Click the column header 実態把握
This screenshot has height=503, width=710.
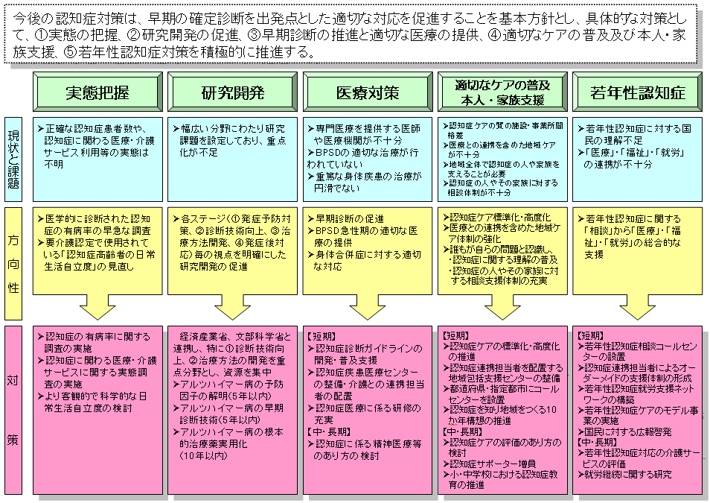point(97,93)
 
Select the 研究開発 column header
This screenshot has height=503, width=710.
point(233,93)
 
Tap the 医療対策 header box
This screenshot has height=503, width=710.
point(368,93)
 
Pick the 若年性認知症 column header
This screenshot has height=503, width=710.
point(638,93)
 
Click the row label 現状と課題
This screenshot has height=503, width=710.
point(14,159)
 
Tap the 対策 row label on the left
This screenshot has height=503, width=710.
point(14,410)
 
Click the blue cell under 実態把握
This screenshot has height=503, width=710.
point(97,159)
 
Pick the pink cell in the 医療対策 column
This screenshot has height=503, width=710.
point(368,410)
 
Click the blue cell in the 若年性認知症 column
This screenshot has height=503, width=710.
point(638,159)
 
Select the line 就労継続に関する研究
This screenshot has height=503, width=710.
point(629,474)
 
